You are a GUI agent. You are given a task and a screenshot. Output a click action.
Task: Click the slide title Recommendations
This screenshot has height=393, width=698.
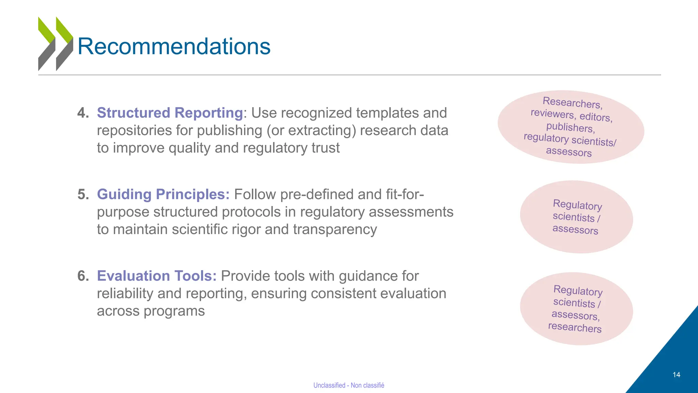[x=174, y=46]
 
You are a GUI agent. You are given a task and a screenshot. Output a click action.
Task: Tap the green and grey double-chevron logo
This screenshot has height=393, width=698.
[x=56, y=44]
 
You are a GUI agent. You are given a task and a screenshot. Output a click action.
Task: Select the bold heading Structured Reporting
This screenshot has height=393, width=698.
[x=170, y=113]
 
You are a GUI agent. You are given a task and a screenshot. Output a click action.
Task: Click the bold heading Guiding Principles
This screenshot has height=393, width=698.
[x=163, y=194]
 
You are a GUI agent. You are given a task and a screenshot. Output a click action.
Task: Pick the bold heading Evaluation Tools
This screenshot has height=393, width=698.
[x=157, y=276]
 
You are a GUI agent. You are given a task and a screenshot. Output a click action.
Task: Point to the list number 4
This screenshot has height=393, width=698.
[x=83, y=113]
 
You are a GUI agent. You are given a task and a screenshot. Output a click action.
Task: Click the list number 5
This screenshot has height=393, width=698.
[x=83, y=194]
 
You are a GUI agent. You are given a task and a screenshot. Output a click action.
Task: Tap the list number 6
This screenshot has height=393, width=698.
[x=83, y=276]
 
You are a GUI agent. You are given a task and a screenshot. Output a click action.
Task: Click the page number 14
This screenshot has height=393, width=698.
[x=676, y=375]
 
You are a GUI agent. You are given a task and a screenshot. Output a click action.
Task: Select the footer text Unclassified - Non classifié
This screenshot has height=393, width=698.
[x=349, y=385]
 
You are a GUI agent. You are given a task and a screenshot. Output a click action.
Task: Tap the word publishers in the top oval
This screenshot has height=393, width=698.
[x=571, y=127]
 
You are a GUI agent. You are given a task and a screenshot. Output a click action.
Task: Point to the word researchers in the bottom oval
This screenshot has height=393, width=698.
[x=575, y=327]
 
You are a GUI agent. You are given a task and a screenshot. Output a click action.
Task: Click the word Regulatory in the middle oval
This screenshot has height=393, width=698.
[x=577, y=205]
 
